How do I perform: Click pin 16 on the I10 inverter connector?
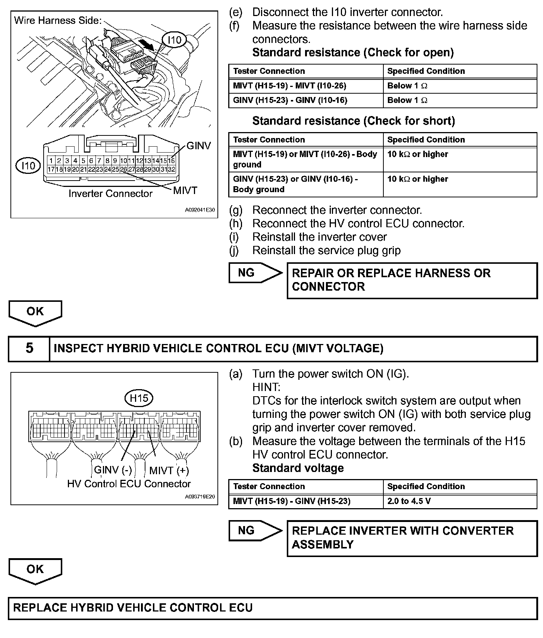pos(172,161)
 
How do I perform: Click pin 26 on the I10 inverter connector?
pos(123,169)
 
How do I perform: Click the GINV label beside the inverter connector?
pos(198,146)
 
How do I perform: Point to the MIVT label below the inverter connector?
pos(185,191)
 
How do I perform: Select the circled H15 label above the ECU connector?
pos(139,398)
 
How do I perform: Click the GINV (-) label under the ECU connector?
pos(113,470)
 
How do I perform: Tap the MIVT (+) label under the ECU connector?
pos(169,470)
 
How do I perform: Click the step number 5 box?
pos(29,348)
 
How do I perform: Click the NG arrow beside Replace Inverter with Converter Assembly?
pos(255,531)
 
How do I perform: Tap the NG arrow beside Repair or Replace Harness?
pos(255,273)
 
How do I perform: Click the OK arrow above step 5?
pos(35,313)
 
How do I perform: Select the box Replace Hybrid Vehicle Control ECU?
pos(272,608)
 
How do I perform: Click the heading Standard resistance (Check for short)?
pos(354,121)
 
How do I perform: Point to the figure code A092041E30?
pos(200,210)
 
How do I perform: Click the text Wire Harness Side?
pos(58,21)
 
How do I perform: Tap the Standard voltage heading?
pos(298,468)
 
